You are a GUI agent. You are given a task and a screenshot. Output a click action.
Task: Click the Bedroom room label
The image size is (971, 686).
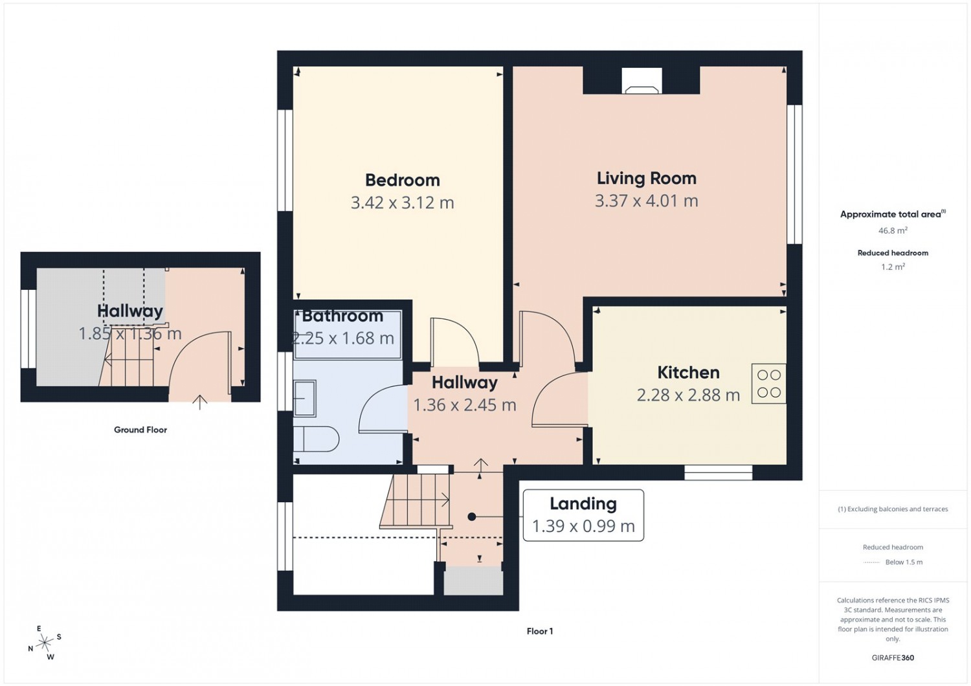pos(402,181)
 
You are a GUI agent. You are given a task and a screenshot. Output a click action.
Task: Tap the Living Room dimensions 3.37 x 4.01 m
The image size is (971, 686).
pos(646,201)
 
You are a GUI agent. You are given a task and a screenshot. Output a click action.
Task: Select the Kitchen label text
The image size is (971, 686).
pos(688,373)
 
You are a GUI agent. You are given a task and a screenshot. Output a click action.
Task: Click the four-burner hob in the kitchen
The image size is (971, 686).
pos(769,384)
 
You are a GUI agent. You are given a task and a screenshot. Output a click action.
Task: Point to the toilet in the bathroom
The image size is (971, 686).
pos(316,439)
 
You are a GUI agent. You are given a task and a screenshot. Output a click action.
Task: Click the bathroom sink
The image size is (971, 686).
pos(305,398)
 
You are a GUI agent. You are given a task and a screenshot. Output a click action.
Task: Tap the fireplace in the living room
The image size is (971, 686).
pos(642,81)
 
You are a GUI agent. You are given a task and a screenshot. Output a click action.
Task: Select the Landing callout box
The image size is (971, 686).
pos(583,515)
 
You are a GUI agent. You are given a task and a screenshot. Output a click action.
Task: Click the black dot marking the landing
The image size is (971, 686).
pos(472,516)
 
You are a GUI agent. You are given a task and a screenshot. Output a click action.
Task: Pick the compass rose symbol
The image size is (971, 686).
pos(45,642)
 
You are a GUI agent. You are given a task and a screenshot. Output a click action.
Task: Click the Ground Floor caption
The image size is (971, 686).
pos(140,430)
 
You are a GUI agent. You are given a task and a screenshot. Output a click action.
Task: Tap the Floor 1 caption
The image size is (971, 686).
pos(540,632)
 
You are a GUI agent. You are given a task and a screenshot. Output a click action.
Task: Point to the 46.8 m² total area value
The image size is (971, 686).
pos(893,230)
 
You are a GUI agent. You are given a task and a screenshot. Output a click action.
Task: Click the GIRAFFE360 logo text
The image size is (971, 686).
pos(893,658)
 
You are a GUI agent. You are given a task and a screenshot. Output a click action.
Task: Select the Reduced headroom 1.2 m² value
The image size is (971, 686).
pos(893,267)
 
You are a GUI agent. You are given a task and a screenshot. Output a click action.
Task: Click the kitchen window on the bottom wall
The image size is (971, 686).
pos(719,472)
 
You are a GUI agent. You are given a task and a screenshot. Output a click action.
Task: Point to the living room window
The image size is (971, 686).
pos(794,175)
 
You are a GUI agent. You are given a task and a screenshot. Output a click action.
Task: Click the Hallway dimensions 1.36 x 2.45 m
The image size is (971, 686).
pos(465,405)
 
